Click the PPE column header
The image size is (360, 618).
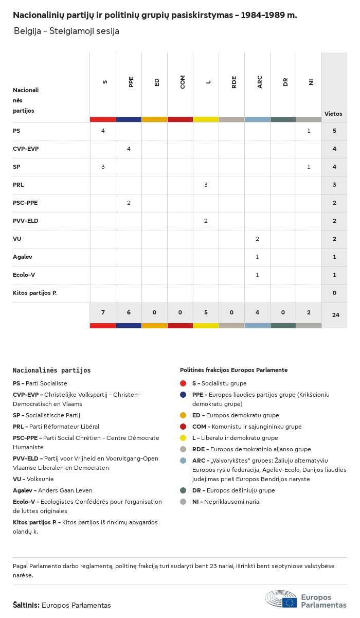click(131, 82)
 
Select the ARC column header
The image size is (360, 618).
click(260, 82)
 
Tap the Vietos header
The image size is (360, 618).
click(333, 114)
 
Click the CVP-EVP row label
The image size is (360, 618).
click(26, 149)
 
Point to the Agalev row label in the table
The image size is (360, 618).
click(23, 257)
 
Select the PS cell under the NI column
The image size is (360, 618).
click(309, 131)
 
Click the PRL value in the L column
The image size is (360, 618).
click(206, 185)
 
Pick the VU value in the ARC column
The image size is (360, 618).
click(257, 239)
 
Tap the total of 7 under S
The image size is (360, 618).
click(103, 313)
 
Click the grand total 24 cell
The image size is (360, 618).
click(335, 314)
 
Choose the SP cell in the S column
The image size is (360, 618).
click(103, 167)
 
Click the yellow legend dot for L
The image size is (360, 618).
click(183, 438)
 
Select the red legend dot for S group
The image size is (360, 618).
click(183, 383)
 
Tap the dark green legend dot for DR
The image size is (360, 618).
click(183, 490)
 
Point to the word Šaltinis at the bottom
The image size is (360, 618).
click(26, 605)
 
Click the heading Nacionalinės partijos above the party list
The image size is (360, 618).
click(51, 370)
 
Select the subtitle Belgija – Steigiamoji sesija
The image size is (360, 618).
click(66, 31)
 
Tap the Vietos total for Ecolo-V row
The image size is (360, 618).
click(334, 275)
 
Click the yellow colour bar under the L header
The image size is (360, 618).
click(206, 119)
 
